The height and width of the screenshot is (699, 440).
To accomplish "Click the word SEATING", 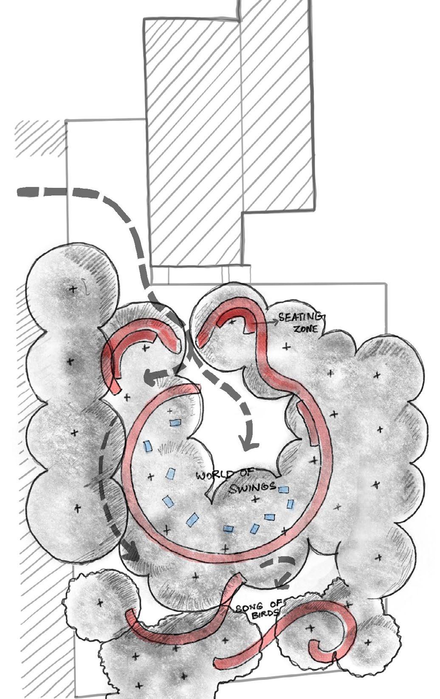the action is (x=301, y=317).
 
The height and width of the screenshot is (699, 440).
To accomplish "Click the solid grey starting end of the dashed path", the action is (x=28, y=192).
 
